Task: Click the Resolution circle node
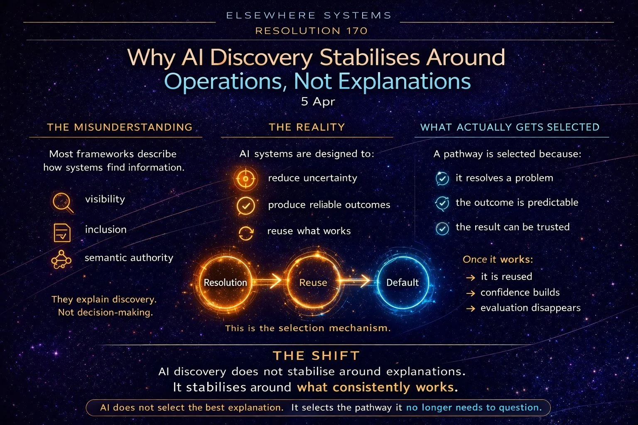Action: click(226, 282)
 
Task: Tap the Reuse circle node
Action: click(313, 282)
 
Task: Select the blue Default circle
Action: click(402, 282)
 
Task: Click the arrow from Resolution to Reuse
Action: click(269, 282)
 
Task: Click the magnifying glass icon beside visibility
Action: click(63, 203)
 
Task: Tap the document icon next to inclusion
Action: click(62, 232)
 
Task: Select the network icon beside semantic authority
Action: click(61, 259)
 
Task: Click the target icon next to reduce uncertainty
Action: click(245, 179)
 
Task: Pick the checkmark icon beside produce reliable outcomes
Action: click(245, 205)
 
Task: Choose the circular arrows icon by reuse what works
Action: click(246, 233)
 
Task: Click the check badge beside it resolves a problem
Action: click(442, 179)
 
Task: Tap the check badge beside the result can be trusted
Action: click(442, 228)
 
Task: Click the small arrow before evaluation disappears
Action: click(470, 309)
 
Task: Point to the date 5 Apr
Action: click(318, 102)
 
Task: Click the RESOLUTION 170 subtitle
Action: click(312, 31)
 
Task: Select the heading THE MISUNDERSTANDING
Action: click(120, 127)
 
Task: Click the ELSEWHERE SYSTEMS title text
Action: click(309, 16)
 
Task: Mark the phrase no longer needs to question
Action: click(474, 408)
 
